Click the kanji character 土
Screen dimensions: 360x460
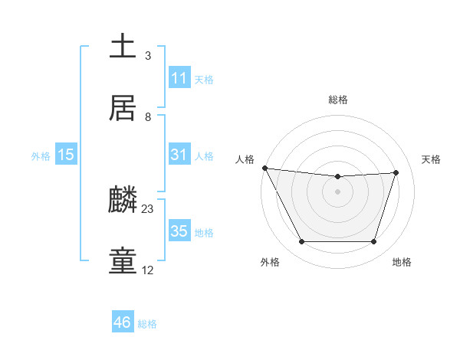click(123, 47)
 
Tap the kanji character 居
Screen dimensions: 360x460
click(123, 108)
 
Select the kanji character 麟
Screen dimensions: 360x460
click(123, 200)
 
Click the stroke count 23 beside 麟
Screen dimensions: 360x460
click(148, 208)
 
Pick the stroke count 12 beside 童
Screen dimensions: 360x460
click(148, 270)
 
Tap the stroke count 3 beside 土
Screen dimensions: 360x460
click(148, 55)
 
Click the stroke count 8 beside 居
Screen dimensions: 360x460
click(148, 116)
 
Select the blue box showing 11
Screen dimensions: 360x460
click(179, 78)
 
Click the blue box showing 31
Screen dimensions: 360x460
click(179, 155)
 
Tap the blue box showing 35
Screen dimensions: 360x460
click(179, 231)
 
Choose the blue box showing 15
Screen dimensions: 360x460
click(66, 155)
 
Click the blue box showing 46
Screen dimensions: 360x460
click(123, 322)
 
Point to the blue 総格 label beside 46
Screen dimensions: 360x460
click(147, 324)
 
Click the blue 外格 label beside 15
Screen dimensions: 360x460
click(41, 156)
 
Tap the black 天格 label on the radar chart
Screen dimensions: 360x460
click(432, 159)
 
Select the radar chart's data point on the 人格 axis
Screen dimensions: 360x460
click(264, 168)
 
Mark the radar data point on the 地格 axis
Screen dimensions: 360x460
click(373, 242)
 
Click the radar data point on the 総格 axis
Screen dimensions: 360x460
click(337, 177)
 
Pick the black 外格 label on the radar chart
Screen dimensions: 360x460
click(270, 263)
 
